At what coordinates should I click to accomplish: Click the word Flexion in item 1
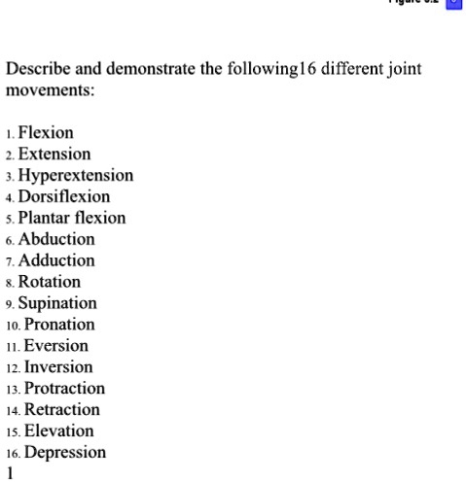(x=46, y=133)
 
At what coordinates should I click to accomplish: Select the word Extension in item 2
(x=54, y=155)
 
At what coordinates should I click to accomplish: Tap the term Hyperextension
(x=76, y=176)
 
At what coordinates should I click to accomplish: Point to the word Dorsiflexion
(x=64, y=197)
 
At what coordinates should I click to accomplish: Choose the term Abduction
(x=56, y=239)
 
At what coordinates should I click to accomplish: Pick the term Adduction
(x=56, y=260)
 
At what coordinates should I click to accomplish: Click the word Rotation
(x=50, y=282)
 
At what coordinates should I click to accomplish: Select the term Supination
(x=56, y=303)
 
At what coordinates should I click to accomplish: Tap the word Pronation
(x=59, y=325)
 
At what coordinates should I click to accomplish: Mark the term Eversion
(x=56, y=346)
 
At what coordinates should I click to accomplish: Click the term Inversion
(x=58, y=367)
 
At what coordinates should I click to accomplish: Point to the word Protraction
(x=64, y=389)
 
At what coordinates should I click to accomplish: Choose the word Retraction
(x=62, y=410)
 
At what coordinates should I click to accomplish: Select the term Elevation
(x=59, y=431)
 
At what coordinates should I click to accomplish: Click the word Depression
(x=65, y=453)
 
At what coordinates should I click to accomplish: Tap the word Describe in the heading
(x=39, y=70)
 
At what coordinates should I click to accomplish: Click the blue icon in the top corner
(x=452, y=5)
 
